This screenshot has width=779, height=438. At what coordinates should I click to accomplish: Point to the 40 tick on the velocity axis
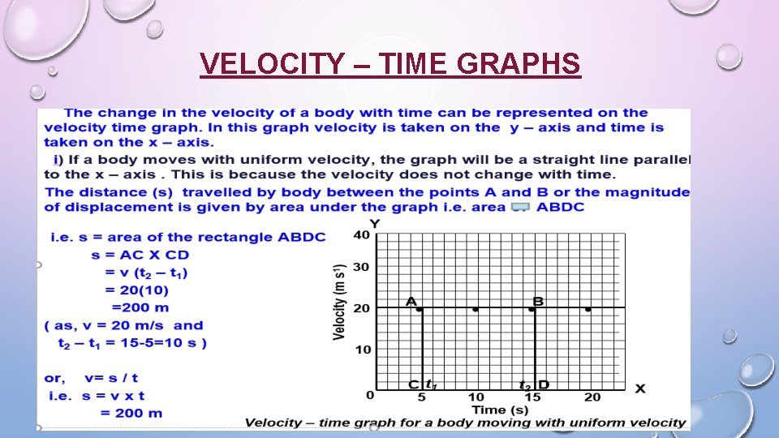pyautogui.click(x=362, y=235)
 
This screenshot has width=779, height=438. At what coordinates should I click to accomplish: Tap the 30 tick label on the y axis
pyautogui.click(x=362, y=268)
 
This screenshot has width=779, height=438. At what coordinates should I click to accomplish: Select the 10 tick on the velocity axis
pyautogui.click(x=362, y=350)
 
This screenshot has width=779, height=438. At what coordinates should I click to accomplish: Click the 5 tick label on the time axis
pyautogui.click(x=421, y=397)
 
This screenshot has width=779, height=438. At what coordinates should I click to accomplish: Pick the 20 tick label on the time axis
pyautogui.click(x=592, y=397)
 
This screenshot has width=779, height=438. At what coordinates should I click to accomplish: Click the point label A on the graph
pyautogui.click(x=411, y=301)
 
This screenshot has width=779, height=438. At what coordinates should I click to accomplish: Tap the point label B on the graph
pyautogui.click(x=538, y=301)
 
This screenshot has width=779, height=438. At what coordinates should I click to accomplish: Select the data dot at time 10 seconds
pyautogui.click(x=476, y=309)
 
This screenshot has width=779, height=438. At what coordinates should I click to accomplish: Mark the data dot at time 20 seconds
pyautogui.click(x=588, y=309)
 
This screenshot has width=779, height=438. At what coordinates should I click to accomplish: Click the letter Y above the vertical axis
pyautogui.click(x=374, y=223)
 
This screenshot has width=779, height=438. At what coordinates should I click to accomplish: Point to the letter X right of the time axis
pyautogui.click(x=640, y=389)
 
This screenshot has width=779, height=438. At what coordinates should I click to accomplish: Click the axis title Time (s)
pyautogui.click(x=501, y=410)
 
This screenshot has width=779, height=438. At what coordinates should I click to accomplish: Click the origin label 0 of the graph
pyautogui.click(x=370, y=395)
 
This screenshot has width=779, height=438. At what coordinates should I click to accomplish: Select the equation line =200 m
pyautogui.click(x=140, y=307)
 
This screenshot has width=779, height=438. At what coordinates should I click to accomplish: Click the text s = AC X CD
pyautogui.click(x=140, y=255)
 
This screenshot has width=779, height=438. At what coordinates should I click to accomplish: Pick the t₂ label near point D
pyautogui.click(x=526, y=384)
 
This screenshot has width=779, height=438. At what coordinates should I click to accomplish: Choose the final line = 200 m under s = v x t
pyautogui.click(x=131, y=413)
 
